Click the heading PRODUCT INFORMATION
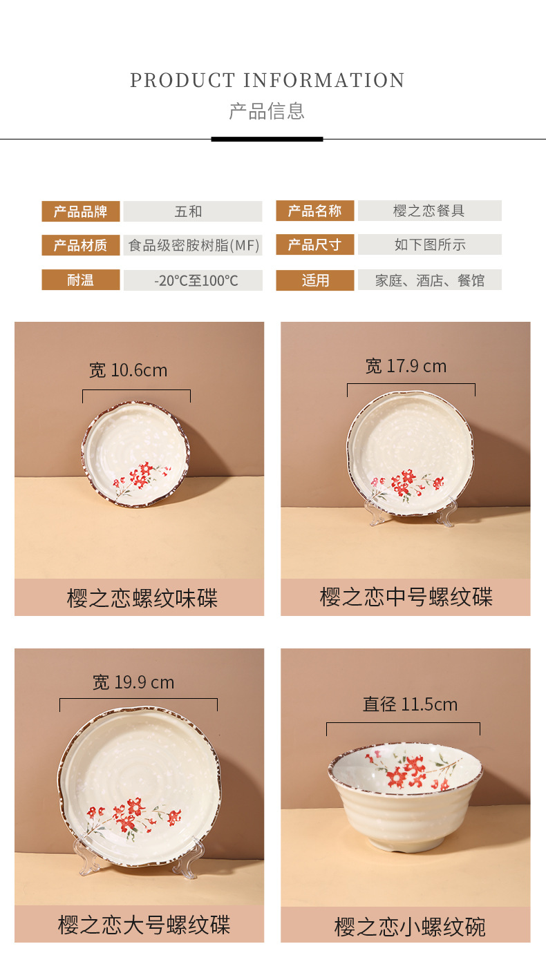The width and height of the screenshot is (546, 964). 267,81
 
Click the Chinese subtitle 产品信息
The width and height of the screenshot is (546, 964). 267,111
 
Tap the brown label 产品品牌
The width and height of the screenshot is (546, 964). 81,211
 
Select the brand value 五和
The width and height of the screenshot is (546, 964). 189,211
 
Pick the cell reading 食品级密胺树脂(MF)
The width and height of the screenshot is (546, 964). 194,245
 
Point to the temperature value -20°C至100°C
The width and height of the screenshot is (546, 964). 196,280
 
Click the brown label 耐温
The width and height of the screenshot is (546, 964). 81,280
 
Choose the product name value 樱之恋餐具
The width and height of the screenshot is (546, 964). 429,211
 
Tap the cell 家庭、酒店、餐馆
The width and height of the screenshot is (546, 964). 429,280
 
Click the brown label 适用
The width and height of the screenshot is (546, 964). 315,280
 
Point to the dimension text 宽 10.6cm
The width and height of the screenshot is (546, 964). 129,371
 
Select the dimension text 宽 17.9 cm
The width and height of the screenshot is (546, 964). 406,366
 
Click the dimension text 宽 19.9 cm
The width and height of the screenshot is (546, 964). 133,683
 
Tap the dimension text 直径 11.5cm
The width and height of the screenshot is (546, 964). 410,704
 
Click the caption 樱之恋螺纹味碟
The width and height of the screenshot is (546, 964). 142,598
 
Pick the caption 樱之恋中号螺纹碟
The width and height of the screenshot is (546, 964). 406,597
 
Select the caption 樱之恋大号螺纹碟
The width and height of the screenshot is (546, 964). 144,925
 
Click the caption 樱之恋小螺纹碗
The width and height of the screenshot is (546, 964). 409,926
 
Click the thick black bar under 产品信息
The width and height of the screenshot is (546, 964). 267,139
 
